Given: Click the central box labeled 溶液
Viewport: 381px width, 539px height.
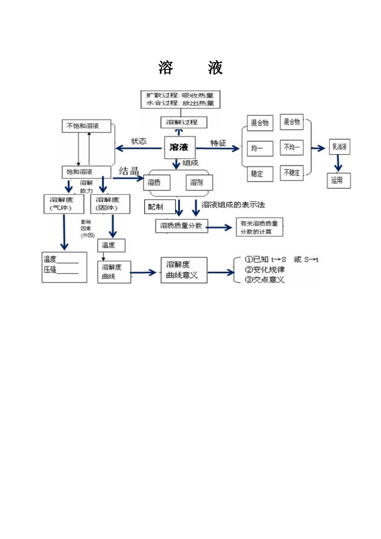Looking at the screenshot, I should click(179, 147).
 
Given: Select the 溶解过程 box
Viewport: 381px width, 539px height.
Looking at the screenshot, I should click(184, 122).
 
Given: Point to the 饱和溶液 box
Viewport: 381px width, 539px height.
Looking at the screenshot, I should click(86, 172).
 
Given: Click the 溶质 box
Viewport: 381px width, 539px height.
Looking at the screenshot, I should click(156, 182).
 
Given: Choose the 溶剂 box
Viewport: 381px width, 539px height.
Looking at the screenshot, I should click(199, 182).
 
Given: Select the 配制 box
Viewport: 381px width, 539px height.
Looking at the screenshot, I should click(160, 207).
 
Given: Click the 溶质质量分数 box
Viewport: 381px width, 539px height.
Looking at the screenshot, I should click(181, 226).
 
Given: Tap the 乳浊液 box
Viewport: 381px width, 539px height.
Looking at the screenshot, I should click(339, 147).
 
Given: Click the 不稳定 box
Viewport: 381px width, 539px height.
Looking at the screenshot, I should click(292, 173).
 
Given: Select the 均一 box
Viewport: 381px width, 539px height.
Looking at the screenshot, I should click(259, 148).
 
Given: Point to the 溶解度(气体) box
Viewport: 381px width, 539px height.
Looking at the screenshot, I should click(63, 204).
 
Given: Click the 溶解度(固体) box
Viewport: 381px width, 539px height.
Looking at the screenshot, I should click(110, 204).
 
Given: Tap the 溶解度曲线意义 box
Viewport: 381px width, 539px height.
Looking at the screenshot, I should click(184, 270).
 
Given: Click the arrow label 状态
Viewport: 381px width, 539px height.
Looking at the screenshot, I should click(139, 141).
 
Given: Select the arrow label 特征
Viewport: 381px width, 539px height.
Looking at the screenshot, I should click(218, 143).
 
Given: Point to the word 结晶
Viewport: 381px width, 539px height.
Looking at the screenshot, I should click(129, 171).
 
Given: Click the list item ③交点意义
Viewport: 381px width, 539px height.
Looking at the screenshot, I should click(265, 280).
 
